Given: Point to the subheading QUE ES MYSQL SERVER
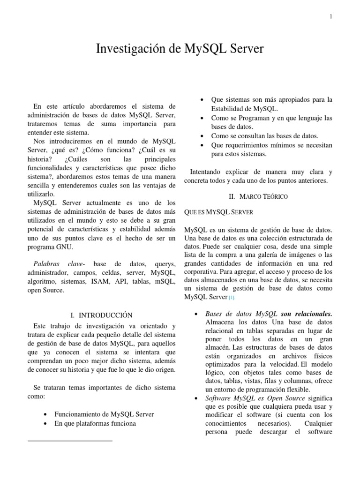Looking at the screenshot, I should (x=219, y=212).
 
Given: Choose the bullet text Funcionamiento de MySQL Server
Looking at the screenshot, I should (x=104, y=414).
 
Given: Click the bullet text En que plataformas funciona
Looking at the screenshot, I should (x=95, y=423).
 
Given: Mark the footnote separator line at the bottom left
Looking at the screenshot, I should (x=70, y=441).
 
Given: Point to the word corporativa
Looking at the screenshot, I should (x=204, y=271).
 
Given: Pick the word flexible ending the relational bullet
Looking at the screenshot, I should (x=296, y=390).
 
